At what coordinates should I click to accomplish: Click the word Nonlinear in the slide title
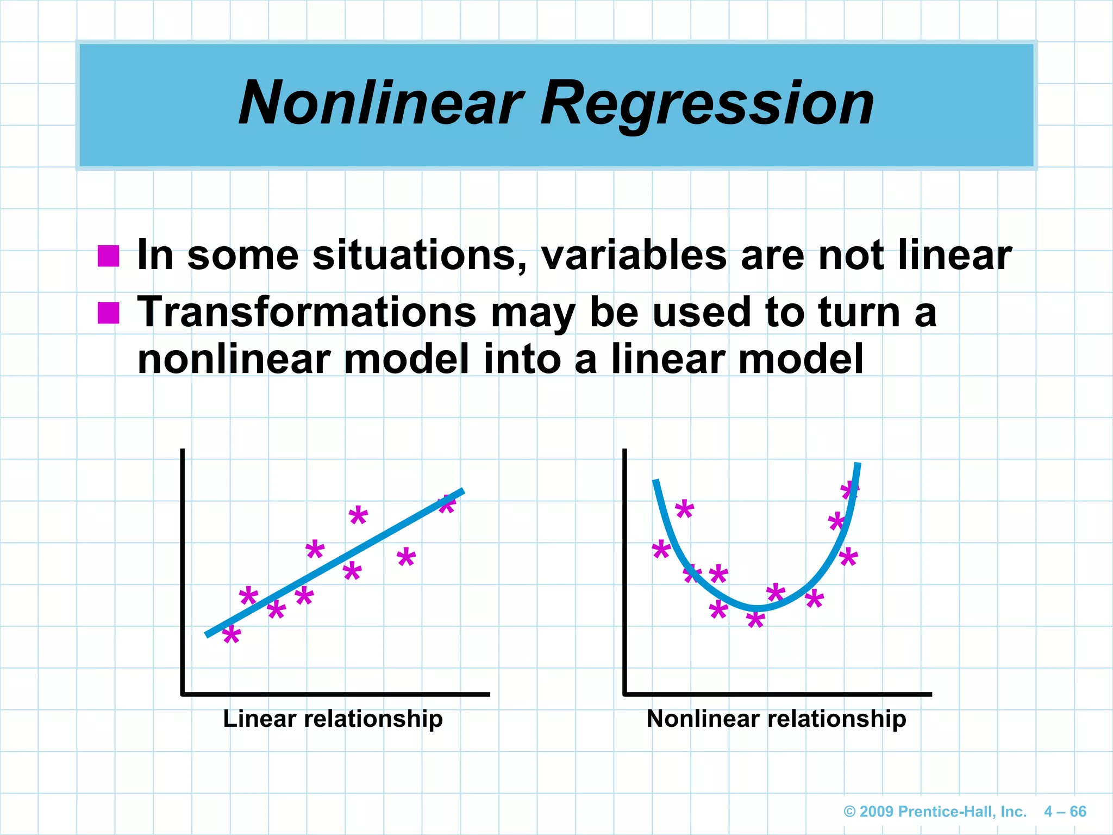[x=380, y=103]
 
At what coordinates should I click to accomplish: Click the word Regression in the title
[x=706, y=103]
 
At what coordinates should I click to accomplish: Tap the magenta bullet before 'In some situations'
[x=108, y=256]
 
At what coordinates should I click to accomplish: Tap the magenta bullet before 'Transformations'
[x=108, y=313]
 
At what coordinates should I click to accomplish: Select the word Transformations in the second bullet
[x=307, y=313]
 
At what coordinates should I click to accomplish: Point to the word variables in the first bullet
[x=633, y=256]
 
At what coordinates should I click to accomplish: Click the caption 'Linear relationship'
[x=333, y=719]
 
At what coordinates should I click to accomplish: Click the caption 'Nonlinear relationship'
[x=776, y=719]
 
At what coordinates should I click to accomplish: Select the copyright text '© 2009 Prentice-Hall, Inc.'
[x=935, y=812]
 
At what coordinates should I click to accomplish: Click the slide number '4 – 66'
[x=1065, y=812]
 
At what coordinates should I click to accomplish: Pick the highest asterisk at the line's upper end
[x=447, y=504]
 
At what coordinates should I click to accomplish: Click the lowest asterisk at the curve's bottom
[x=755, y=619]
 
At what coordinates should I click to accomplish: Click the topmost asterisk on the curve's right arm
[x=849, y=490]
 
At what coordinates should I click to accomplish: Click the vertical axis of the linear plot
[x=183, y=571]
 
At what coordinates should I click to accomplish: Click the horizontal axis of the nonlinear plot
[x=777, y=694]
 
